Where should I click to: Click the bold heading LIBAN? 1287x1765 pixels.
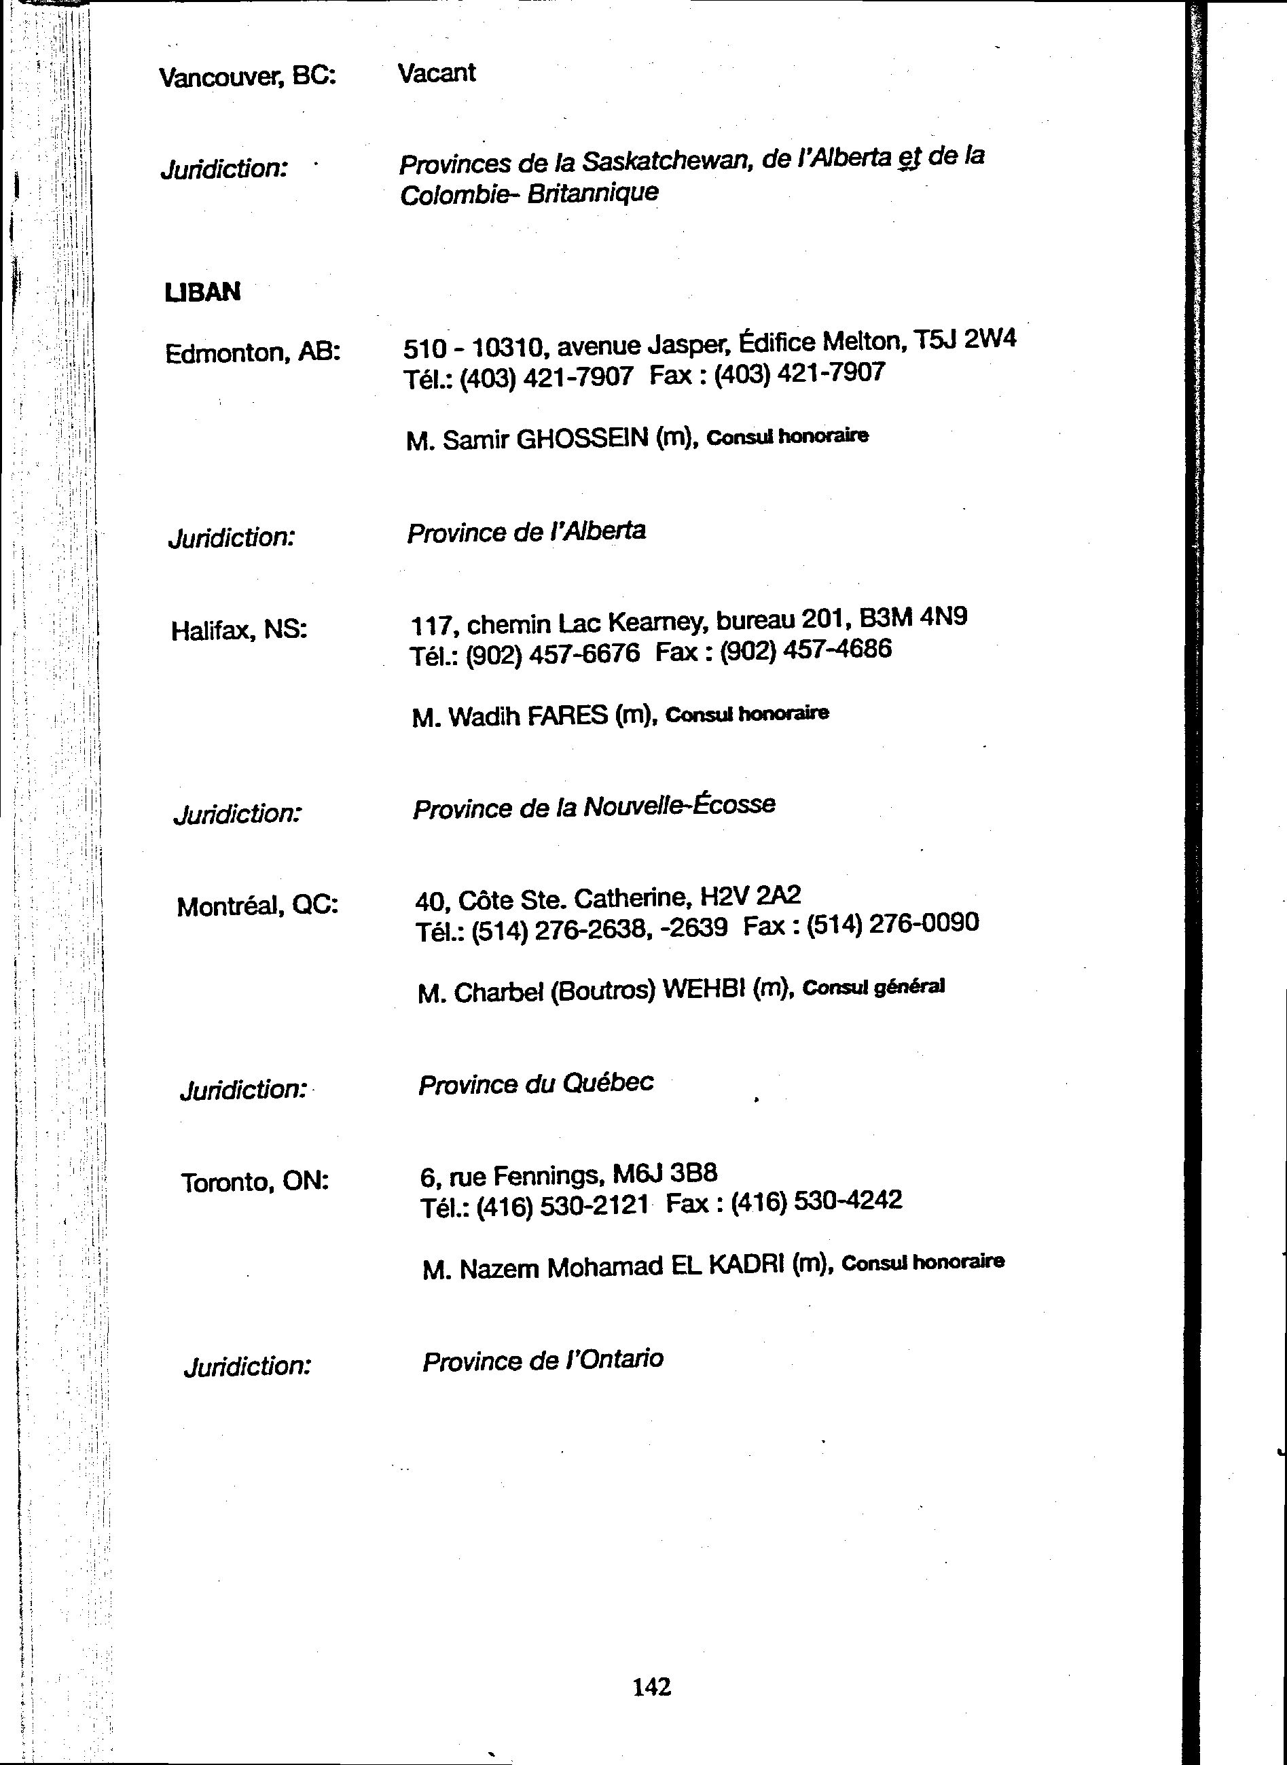202,292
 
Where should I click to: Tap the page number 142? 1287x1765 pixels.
651,1686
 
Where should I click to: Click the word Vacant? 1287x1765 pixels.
436,73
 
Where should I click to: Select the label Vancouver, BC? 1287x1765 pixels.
248,77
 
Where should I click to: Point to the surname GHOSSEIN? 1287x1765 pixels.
583,440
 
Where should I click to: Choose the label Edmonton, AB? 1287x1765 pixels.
253,353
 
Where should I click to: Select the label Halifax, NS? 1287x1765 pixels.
239,630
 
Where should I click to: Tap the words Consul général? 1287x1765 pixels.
873,987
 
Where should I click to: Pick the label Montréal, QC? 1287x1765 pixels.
258,906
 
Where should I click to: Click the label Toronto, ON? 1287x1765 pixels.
255,1182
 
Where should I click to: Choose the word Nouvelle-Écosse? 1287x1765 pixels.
679,805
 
